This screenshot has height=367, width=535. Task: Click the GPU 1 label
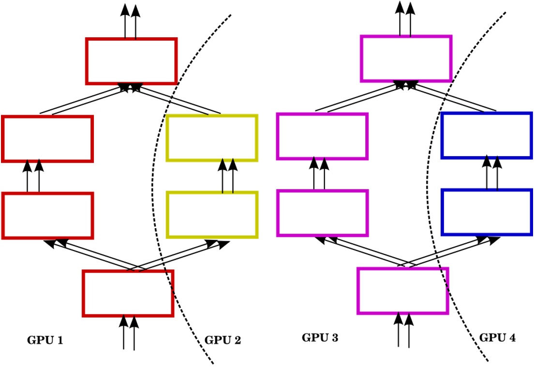pos(45,340)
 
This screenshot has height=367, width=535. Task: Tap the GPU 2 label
pos(223,340)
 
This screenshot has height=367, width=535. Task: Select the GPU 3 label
pos(320,338)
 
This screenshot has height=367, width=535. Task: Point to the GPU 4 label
pos(497,338)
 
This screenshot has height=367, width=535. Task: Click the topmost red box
pos(132,61)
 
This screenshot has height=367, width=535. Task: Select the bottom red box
pos(128,294)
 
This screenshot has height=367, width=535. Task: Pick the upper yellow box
pos(211,138)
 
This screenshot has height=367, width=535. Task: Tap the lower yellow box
pos(211,215)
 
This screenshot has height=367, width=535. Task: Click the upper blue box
pos(487,135)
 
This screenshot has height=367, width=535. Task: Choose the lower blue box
pos(487,212)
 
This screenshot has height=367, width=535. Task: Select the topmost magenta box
pos(406,59)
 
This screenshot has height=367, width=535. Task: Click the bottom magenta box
pos(402,291)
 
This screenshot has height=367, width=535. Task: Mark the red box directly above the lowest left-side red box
pos(47,216)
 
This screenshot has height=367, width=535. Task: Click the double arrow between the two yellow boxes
pos(228,176)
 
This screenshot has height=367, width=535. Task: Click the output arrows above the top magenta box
pos(405,19)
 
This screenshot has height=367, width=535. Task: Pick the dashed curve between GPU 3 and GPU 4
pos(428,193)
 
